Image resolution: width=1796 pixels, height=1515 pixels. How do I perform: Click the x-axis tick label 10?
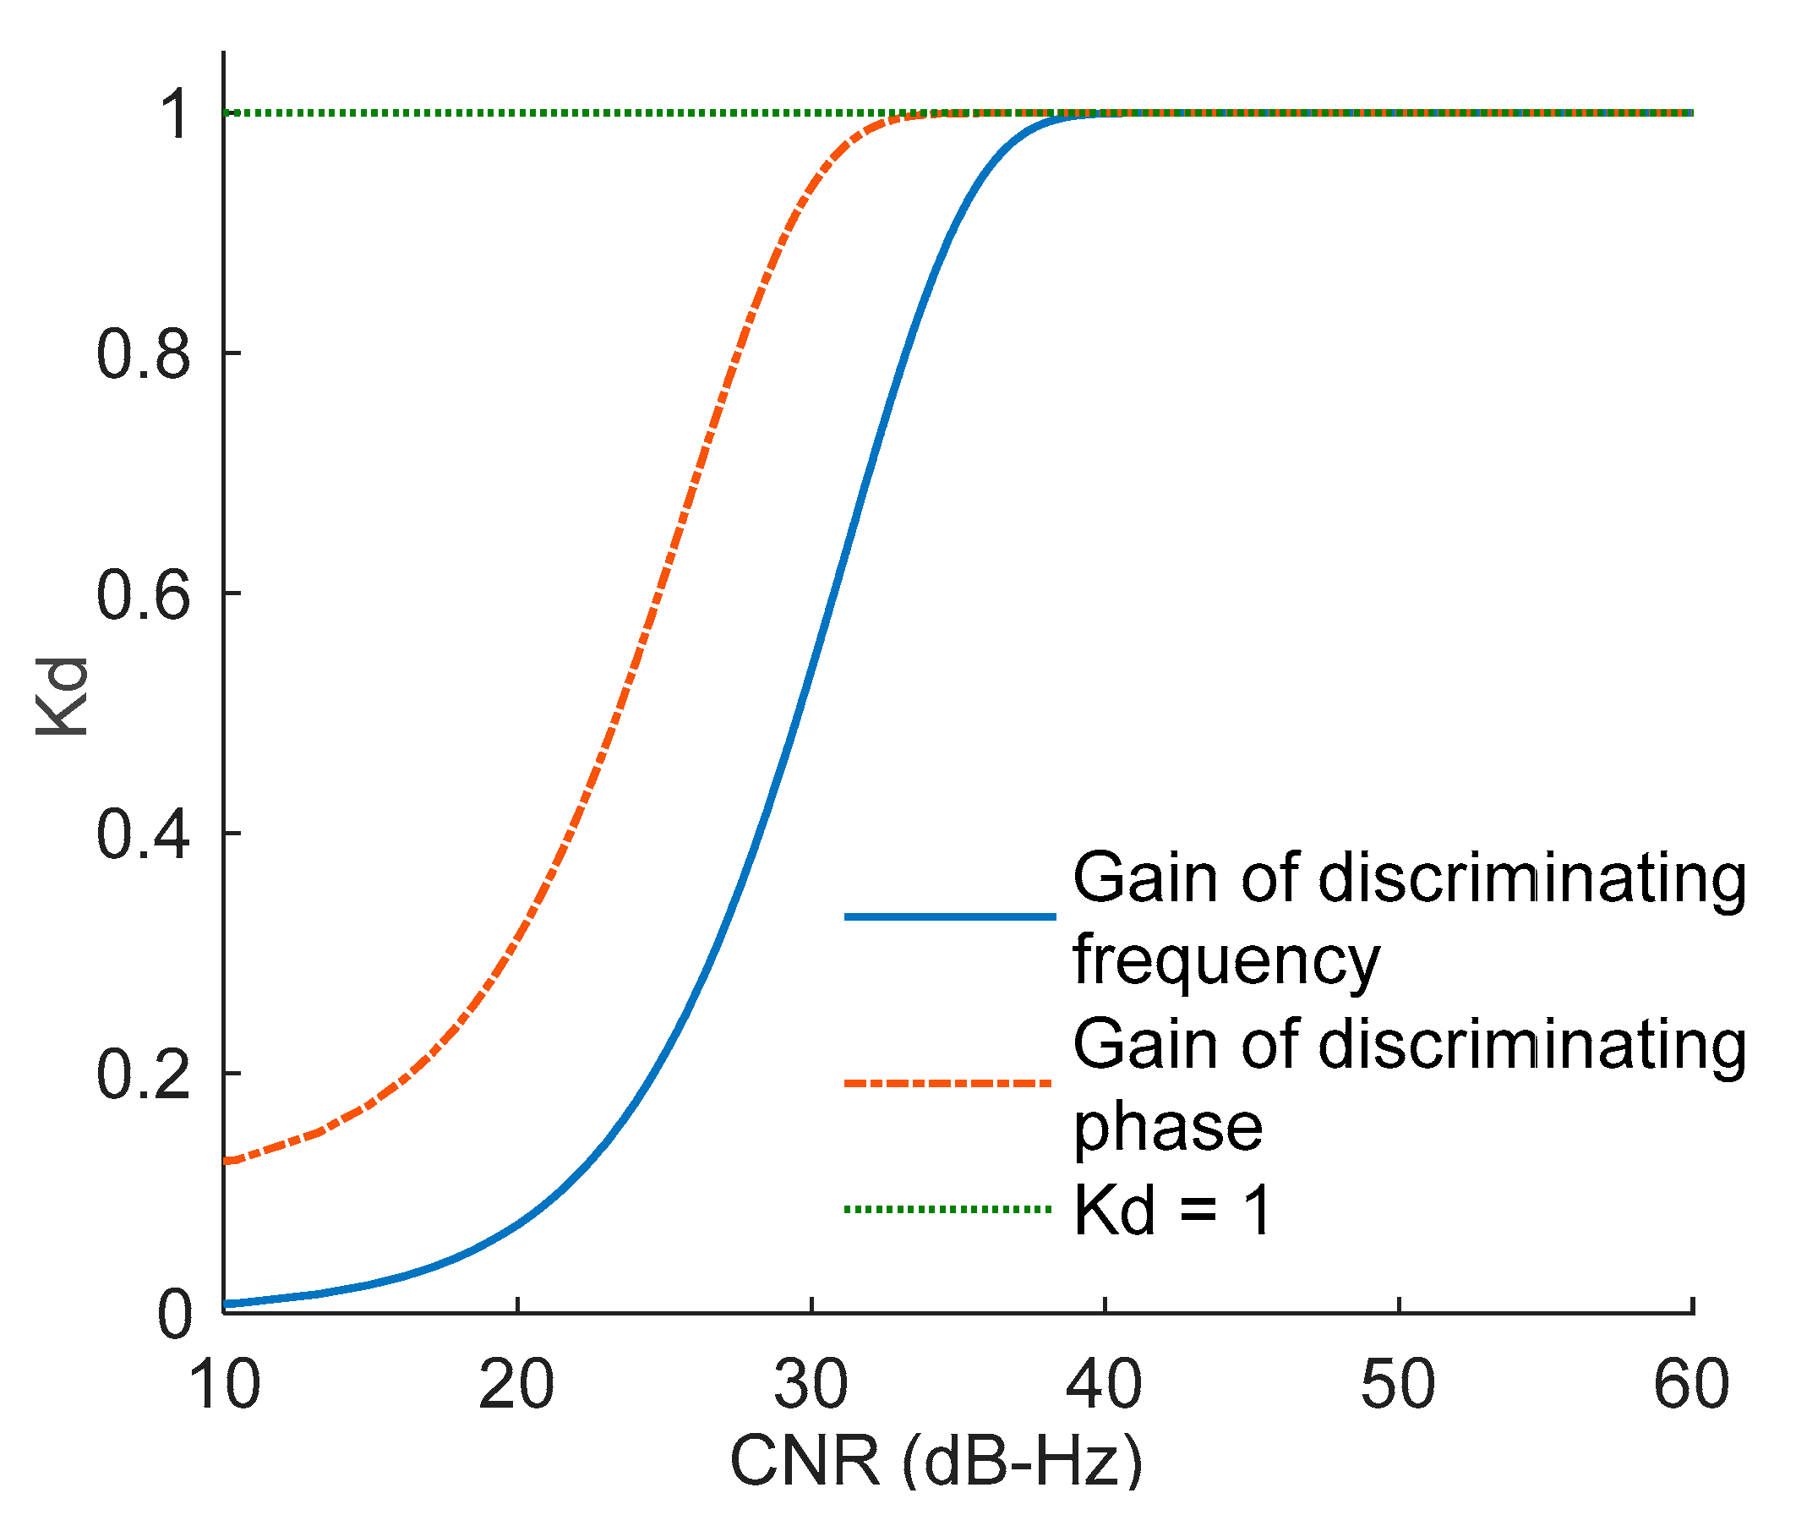[224, 1385]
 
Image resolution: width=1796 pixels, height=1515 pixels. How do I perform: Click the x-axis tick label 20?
[516, 1385]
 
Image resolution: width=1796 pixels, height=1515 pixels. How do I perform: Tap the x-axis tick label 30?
[811, 1385]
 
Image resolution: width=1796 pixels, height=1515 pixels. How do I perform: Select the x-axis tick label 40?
[1104, 1385]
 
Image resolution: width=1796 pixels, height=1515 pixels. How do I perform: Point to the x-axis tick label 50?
[1399, 1385]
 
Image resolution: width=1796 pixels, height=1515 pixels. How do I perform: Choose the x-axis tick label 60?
[1692, 1385]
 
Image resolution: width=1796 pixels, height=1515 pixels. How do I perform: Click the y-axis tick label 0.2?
[144, 1075]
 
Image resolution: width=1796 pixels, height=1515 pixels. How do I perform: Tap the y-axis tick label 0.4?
[144, 834]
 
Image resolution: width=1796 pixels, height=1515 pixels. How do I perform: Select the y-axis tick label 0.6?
[144, 595]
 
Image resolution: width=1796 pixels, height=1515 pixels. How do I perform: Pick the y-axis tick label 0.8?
[144, 355]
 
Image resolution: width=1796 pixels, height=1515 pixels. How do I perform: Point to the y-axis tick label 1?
[176, 115]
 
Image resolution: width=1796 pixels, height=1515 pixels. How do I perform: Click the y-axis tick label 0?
[175, 1315]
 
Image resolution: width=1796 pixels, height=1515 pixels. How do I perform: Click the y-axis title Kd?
[62, 697]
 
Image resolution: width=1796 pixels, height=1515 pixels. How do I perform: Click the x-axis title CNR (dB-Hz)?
[936, 1460]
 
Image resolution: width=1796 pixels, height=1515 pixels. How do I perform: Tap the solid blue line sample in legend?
[949, 916]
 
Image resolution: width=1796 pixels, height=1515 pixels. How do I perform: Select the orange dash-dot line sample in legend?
[949, 1083]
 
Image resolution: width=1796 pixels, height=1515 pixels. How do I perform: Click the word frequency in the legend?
[1226, 962]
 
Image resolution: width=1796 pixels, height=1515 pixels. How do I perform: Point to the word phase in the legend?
[1168, 1128]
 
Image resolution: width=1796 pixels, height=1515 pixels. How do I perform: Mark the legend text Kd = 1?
[1173, 1211]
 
